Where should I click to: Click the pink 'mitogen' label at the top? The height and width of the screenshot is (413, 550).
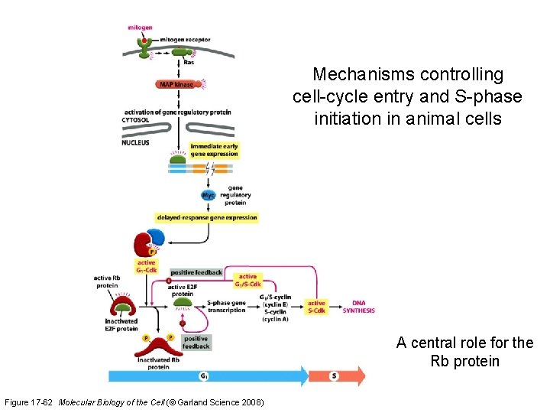140,28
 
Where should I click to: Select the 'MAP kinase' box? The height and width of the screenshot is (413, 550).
176,84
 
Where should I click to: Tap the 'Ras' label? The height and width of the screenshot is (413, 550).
188,63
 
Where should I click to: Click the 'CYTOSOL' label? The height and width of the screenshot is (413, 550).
137,119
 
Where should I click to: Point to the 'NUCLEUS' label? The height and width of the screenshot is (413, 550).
137,142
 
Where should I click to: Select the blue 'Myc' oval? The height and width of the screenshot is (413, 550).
209,195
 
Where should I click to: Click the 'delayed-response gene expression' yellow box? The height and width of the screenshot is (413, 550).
206,218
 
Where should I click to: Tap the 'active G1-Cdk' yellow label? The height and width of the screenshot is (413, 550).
147,266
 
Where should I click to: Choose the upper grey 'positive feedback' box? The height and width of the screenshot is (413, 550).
196,272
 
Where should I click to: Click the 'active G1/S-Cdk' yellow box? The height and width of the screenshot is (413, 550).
248,281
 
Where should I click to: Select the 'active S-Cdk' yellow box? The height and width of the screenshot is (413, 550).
316,307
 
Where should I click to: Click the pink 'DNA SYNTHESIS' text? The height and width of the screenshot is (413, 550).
358,307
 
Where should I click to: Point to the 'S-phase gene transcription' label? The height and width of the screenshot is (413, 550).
227,307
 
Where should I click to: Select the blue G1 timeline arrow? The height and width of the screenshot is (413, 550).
206,376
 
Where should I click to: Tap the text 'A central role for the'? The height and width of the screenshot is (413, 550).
464,343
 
